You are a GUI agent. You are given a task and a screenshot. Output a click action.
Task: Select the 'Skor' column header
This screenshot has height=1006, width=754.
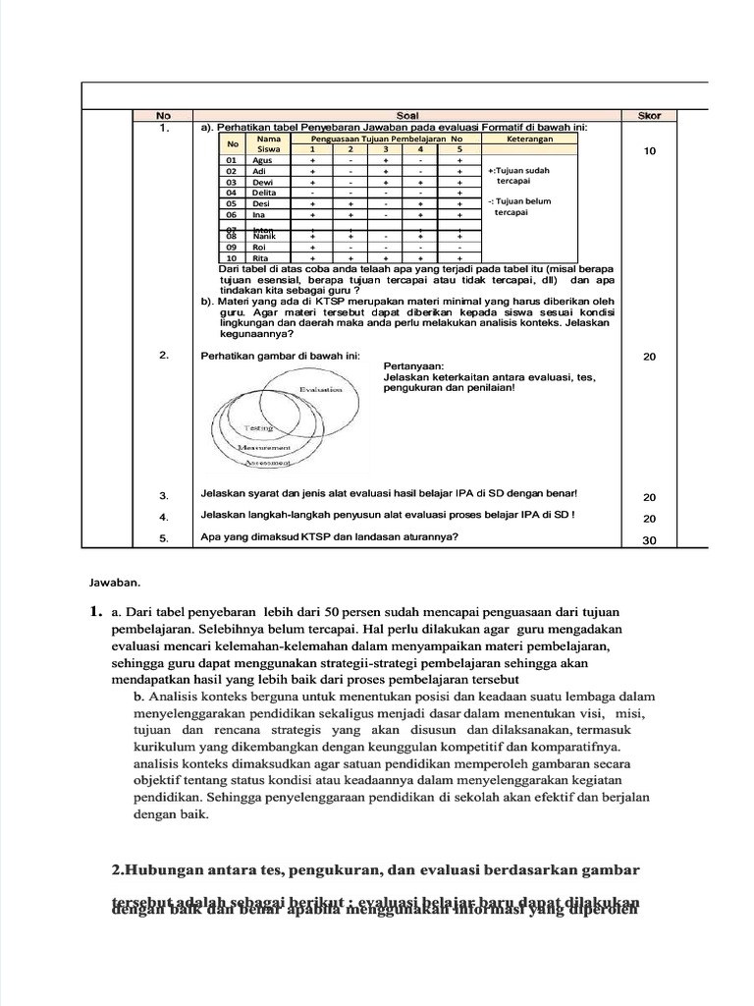[x=649, y=116]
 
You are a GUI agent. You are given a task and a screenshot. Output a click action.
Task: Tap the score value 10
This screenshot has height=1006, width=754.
[x=649, y=151]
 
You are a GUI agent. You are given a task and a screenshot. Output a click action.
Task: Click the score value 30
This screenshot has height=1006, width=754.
[x=649, y=539]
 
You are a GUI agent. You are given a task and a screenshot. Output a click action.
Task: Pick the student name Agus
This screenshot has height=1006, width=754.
[x=262, y=159]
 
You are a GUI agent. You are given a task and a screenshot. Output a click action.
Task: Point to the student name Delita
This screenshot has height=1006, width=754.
[x=265, y=193]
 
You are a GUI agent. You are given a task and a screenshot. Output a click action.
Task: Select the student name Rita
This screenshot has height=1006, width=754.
[x=261, y=258]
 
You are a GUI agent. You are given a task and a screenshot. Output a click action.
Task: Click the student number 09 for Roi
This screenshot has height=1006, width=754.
[x=233, y=248]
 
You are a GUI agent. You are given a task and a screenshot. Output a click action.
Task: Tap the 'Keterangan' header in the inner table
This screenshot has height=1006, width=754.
[x=529, y=140]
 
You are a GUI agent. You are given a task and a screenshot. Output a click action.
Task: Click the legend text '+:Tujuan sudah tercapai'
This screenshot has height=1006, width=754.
[x=519, y=176]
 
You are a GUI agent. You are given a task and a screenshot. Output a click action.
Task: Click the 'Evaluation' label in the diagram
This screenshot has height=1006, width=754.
[x=321, y=390]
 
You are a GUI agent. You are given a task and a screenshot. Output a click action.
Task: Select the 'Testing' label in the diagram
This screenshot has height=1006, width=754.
[x=258, y=428]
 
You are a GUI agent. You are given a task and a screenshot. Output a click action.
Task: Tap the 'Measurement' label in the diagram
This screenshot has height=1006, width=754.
[x=266, y=447]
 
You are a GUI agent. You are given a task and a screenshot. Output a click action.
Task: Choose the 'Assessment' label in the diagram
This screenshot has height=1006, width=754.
[x=268, y=462]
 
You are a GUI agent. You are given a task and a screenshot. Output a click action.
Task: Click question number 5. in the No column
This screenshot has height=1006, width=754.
[x=164, y=538]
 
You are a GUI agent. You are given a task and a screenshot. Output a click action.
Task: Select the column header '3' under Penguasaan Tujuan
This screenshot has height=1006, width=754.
[x=386, y=149]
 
